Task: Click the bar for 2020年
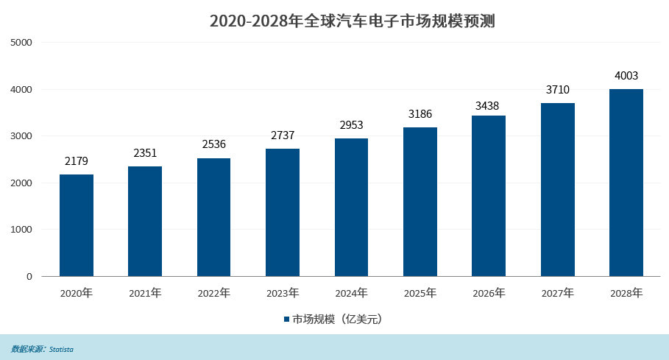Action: (x=77, y=225)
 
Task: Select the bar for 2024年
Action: (x=351, y=207)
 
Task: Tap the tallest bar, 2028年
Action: (x=626, y=183)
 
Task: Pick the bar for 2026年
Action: (x=489, y=196)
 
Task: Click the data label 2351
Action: (x=145, y=153)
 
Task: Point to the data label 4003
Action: (x=626, y=75)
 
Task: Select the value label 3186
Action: (x=420, y=114)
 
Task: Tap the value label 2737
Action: (x=283, y=135)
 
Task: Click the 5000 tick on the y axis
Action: (x=22, y=43)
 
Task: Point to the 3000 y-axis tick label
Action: (x=22, y=136)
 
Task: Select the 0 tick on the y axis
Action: (x=29, y=277)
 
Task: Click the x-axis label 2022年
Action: (x=213, y=293)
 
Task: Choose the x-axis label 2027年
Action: (x=557, y=293)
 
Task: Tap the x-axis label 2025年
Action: (x=420, y=293)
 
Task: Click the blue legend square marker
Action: (x=287, y=320)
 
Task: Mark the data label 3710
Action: (x=557, y=90)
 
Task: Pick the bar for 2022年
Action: (x=213, y=217)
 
